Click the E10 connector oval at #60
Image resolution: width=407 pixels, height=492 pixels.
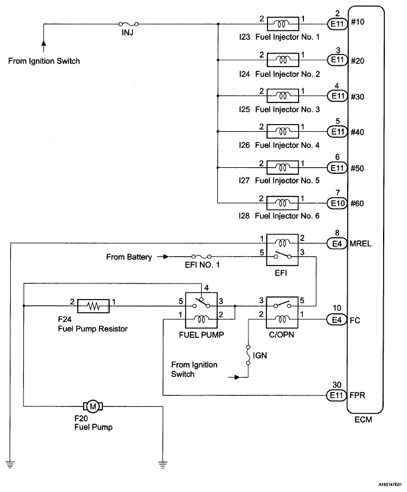pyautogui.click(x=336, y=203)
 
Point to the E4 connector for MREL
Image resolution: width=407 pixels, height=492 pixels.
pyautogui.click(x=336, y=243)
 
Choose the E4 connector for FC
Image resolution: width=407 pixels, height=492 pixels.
pyautogui.click(x=336, y=321)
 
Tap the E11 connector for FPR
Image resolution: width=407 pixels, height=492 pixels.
pyautogui.click(x=336, y=396)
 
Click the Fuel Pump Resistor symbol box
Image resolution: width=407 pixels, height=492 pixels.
pyautogui.click(x=93, y=306)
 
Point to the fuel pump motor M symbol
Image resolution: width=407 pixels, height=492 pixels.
pyautogui.click(x=93, y=407)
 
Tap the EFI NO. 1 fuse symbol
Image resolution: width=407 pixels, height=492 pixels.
pyautogui.click(x=200, y=257)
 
